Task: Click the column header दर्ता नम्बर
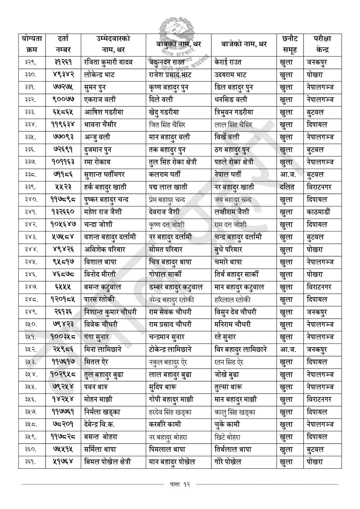click(x=63, y=44)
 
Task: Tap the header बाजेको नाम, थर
click(x=244, y=44)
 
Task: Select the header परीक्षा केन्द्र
click(x=322, y=44)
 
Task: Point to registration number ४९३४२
click(x=63, y=75)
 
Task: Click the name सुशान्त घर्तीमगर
click(x=110, y=174)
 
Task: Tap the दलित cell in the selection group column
click(x=287, y=187)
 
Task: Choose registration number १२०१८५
click(x=63, y=300)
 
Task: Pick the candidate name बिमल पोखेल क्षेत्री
click(x=107, y=462)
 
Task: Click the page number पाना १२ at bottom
click(x=180, y=484)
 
